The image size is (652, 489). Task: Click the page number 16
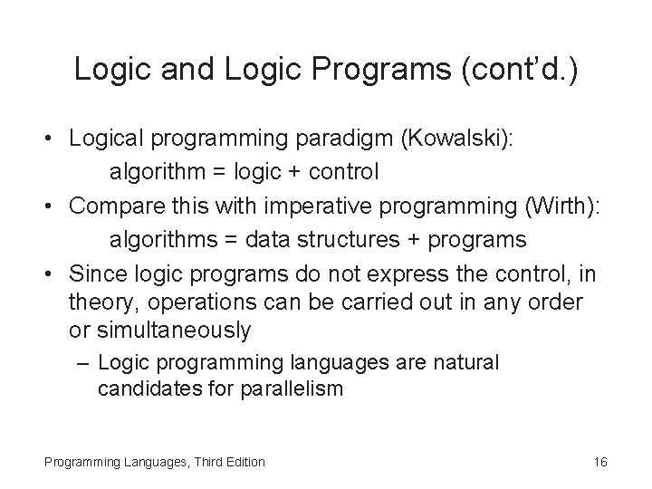point(599,462)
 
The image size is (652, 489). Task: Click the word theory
point(98,301)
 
